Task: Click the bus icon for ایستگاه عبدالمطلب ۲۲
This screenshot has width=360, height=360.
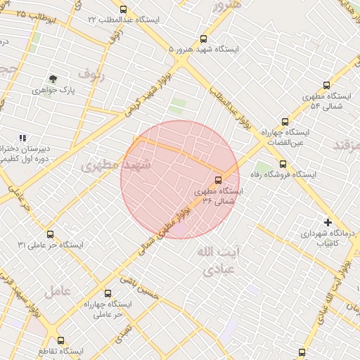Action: [x=124, y=10]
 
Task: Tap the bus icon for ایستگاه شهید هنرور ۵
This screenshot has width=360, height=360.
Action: [x=204, y=39]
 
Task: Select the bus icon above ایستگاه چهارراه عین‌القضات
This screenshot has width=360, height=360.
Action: [x=284, y=122]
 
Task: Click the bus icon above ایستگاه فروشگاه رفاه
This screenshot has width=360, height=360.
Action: [x=283, y=164]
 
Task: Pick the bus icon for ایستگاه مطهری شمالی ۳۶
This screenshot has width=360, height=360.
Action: [x=218, y=180]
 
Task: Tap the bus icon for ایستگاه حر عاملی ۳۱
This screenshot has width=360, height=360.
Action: [x=49, y=234]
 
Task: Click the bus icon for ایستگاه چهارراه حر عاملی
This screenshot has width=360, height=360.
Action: [x=108, y=293]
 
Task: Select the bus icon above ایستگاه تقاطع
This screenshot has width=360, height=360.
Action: [x=60, y=340]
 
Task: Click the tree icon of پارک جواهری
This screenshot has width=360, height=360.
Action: [x=53, y=79]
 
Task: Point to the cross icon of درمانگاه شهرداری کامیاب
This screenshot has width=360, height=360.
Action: [x=328, y=222]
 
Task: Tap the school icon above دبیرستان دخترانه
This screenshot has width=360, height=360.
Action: [x=22, y=138]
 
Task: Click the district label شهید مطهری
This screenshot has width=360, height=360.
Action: [x=116, y=165]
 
